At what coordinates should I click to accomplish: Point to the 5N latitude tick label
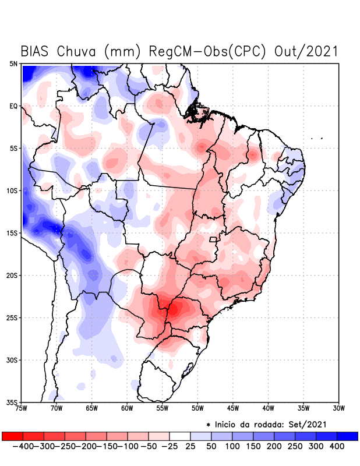tap(13, 63)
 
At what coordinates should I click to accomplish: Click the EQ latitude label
tap(13, 106)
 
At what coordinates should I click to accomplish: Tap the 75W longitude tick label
tap(22, 408)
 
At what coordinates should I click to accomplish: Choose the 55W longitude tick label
tap(163, 408)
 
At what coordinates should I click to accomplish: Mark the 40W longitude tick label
tap(268, 408)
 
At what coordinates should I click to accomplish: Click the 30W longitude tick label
tap(338, 408)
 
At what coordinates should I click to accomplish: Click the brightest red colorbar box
tap(13, 436)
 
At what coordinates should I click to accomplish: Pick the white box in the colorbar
tap(180, 436)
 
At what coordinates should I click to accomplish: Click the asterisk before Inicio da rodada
tap(208, 424)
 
